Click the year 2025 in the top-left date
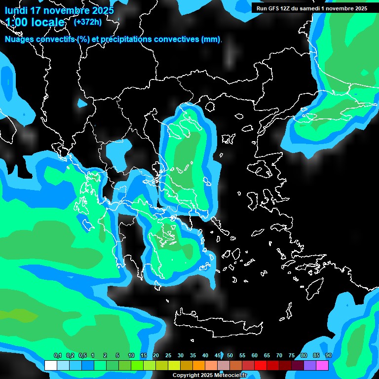click(102, 10)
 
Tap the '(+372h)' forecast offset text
click(88, 22)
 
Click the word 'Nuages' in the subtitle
click(19, 39)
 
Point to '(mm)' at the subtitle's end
click(211, 39)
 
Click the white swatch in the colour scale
click(50, 365)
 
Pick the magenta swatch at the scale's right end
click(322, 365)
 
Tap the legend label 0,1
click(57, 356)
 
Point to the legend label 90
click(329, 356)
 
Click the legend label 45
click(218, 356)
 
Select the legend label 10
click(131, 356)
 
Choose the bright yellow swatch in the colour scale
click(174, 365)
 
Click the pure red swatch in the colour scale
click(261, 365)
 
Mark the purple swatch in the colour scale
click(310, 365)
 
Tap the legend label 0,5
click(82, 356)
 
